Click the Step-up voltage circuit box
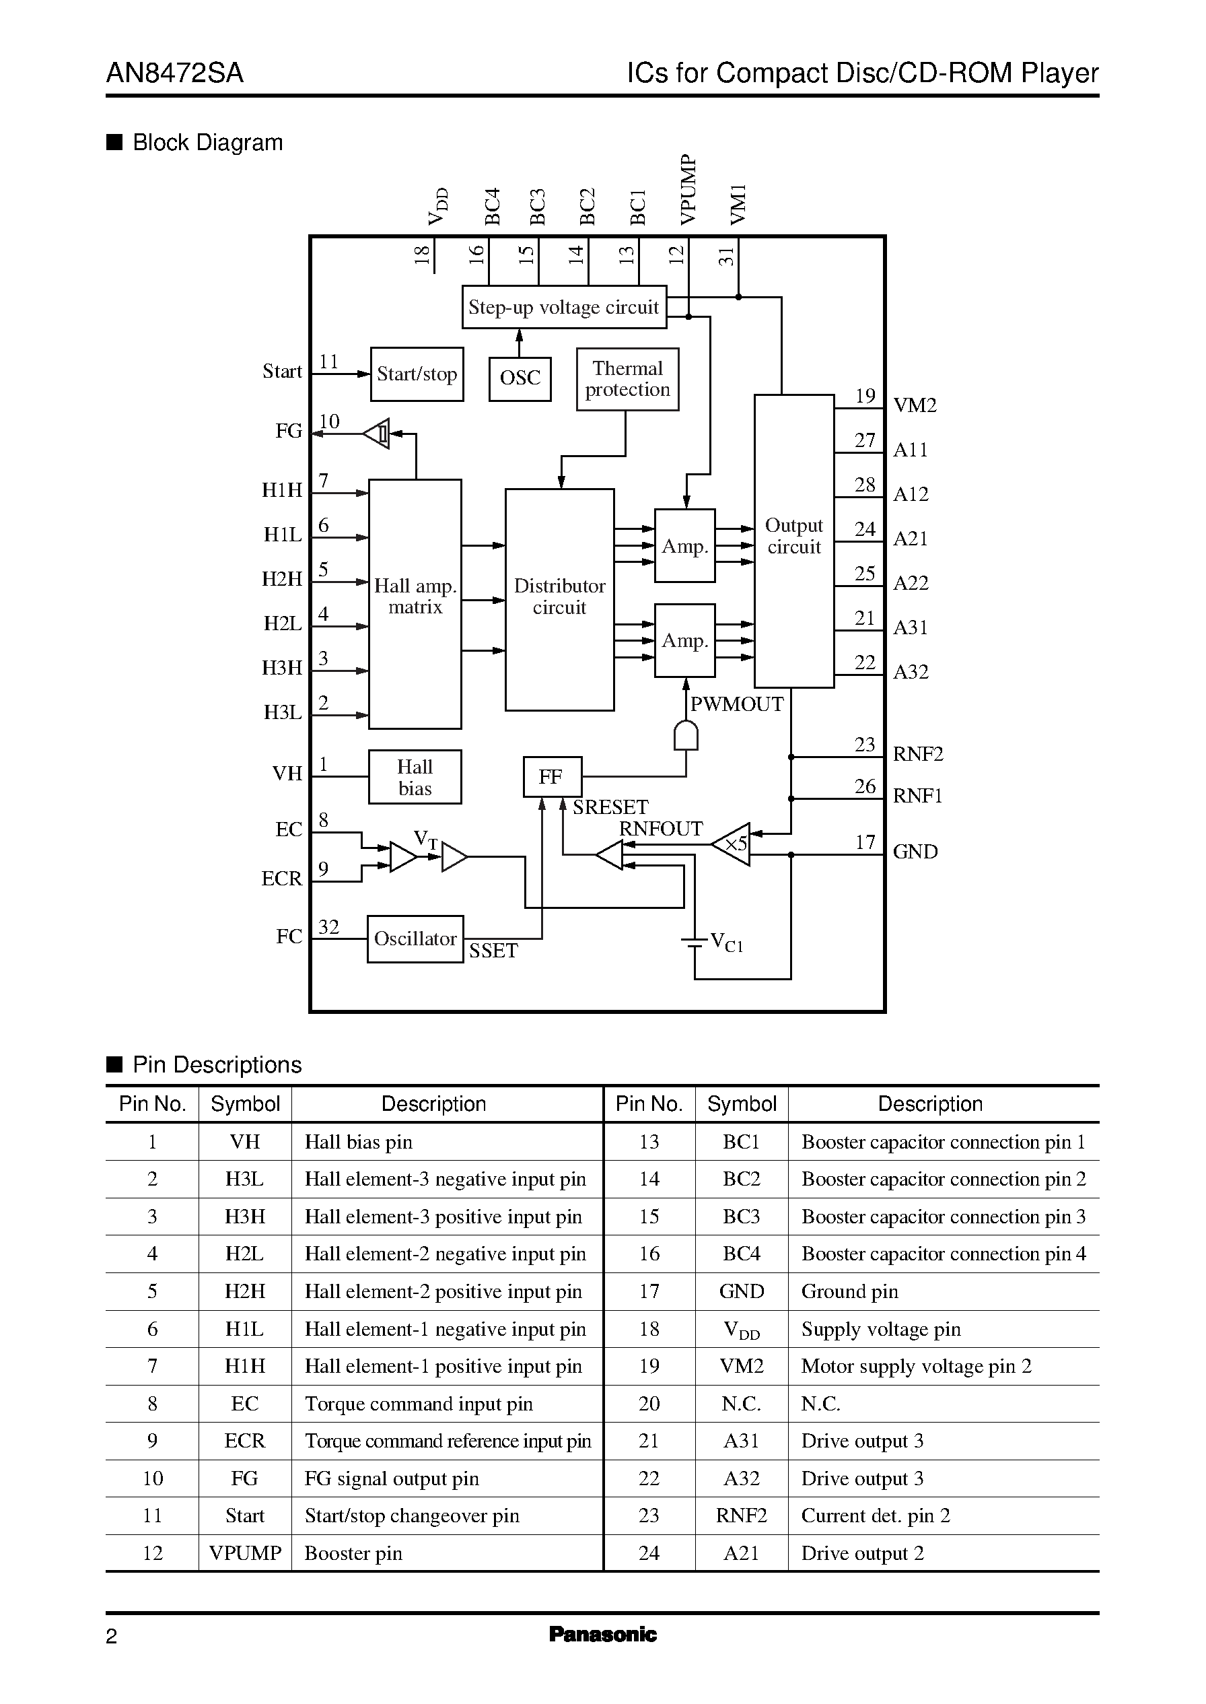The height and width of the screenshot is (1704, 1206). point(564,307)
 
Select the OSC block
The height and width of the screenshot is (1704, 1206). point(520,378)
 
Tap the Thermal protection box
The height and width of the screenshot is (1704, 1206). point(627,379)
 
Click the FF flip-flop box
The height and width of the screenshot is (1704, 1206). point(552,777)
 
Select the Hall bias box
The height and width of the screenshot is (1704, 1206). point(415,777)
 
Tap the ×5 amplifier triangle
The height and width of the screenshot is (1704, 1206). point(733,844)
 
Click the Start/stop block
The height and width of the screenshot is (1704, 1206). point(417,374)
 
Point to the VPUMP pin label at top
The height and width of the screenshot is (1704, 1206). point(688,189)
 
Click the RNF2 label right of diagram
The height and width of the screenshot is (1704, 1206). point(917,754)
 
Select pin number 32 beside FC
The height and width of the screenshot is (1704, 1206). point(328,927)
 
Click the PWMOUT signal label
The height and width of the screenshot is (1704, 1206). point(737,704)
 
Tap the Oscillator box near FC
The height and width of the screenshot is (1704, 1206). point(415,939)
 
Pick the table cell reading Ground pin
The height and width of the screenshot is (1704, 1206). point(849,1291)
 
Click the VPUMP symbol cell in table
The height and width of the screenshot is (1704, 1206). point(245,1553)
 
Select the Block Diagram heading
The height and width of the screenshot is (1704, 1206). point(207,143)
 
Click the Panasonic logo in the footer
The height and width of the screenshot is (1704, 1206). point(602,1633)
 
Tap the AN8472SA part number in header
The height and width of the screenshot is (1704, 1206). point(174,73)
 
